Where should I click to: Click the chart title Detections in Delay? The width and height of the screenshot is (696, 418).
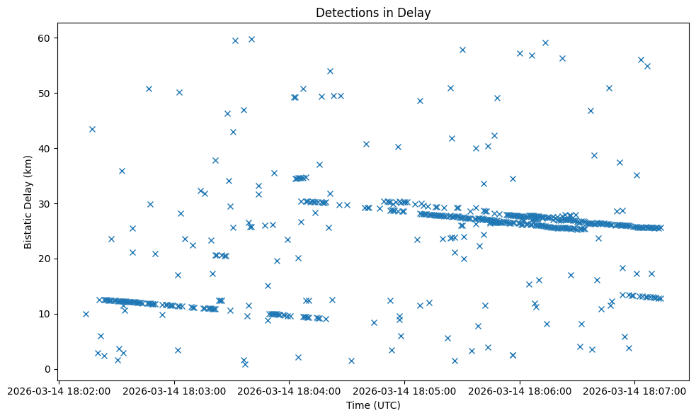373,13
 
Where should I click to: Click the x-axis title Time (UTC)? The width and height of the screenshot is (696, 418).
373,405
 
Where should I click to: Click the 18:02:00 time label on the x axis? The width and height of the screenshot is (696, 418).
59,390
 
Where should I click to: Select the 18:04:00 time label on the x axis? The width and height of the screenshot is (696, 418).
289,390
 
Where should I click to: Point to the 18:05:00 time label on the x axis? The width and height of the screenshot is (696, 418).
404,390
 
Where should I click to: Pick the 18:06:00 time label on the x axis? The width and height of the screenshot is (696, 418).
520,390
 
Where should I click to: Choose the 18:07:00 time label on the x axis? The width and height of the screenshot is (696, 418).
634,390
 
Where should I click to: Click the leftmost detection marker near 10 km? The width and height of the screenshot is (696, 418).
86,314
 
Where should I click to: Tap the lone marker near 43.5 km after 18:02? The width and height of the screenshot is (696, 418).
92,129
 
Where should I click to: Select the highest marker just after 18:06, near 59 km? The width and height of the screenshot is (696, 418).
545,43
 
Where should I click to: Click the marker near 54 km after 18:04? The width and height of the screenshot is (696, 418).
330,71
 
